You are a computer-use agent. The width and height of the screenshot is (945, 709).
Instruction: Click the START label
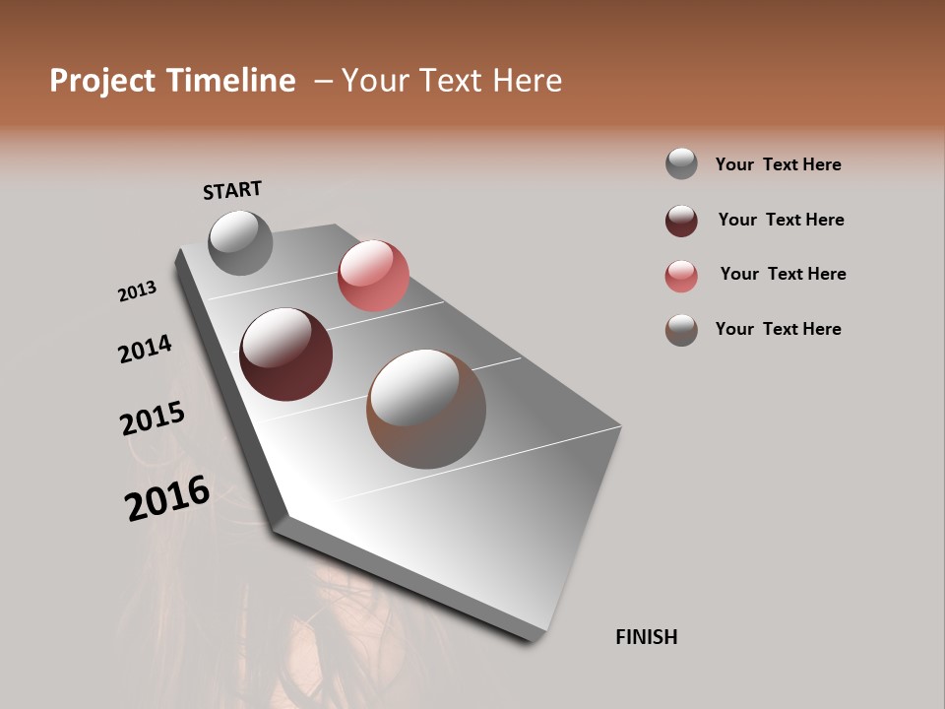click(x=232, y=190)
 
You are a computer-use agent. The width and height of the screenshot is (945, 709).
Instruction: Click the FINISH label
click(x=647, y=637)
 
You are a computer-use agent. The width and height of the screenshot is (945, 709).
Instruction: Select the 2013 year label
click(x=137, y=291)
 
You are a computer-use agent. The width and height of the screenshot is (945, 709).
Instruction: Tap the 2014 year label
click(x=145, y=349)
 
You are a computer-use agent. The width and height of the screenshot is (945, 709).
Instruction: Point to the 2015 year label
click(x=153, y=419)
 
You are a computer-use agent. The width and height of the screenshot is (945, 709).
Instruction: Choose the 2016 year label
click(x=167, y=498)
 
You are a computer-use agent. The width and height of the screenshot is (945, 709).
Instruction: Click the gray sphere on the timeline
click(x=240, y=242)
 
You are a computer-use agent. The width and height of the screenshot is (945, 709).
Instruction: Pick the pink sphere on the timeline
click(x=373, y=276)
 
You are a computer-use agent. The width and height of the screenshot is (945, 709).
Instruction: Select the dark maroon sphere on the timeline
click(x=285, y=354)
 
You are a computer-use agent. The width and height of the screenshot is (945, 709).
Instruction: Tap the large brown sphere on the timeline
click(x=426, y=409)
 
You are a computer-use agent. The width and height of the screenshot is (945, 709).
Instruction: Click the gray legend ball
click(x=681, y=164)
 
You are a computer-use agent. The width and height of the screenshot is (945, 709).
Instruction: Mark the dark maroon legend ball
click(x=681, y=221)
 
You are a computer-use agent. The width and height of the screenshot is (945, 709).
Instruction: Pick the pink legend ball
click(x=681, y=276)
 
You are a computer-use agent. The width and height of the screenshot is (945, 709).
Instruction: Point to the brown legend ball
click(x=681, y=330)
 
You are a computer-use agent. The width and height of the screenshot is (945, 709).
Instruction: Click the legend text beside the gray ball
click(x=778, y=164)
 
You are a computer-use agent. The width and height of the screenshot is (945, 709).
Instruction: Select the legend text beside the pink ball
click(x=783, y=274)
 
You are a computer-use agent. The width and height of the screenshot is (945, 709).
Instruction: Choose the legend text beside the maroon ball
click(x=781, y=220)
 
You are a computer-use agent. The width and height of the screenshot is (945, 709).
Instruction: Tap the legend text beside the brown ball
click(x=778, y=329)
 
